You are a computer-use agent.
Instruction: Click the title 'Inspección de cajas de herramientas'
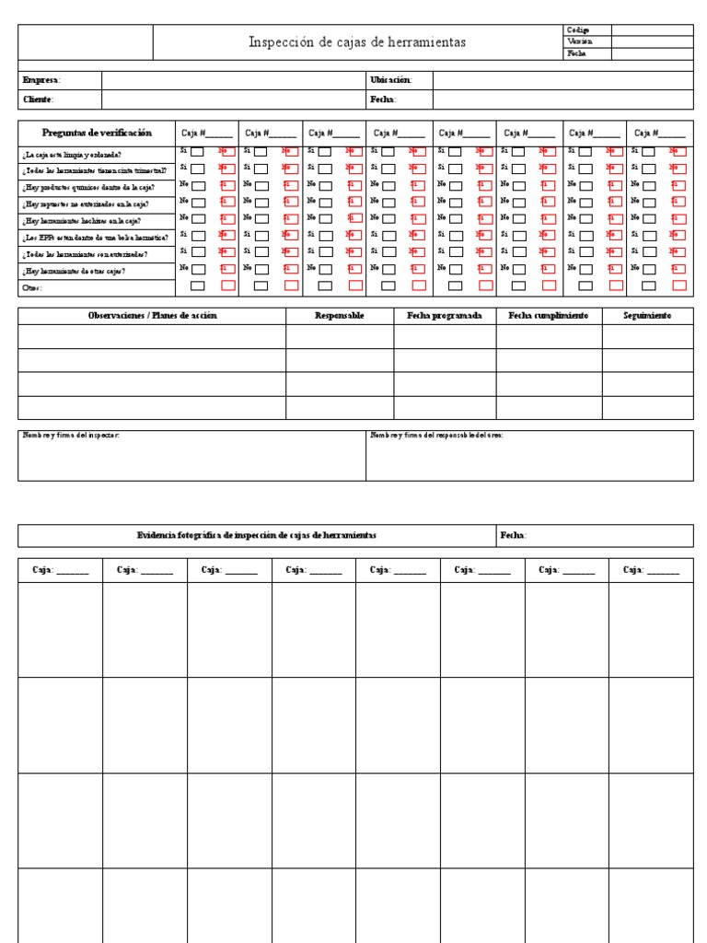357,42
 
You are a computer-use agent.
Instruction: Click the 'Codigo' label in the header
579,30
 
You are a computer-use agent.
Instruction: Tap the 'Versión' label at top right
580,41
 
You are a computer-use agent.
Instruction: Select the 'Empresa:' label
41,80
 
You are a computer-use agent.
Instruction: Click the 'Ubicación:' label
391,80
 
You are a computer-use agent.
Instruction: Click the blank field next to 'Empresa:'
234,80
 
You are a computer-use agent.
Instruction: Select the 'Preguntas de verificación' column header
97,133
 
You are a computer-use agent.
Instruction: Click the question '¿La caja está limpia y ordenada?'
72,154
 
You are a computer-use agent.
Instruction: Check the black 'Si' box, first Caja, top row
198,152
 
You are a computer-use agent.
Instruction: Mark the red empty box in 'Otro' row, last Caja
678,286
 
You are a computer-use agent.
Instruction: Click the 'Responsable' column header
340,315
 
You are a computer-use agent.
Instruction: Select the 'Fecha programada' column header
445,315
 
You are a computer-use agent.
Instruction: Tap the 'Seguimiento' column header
647,315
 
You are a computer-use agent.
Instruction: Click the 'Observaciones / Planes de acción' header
152,315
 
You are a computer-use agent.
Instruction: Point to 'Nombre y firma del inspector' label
71,435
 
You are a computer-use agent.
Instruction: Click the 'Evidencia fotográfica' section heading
256,535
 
